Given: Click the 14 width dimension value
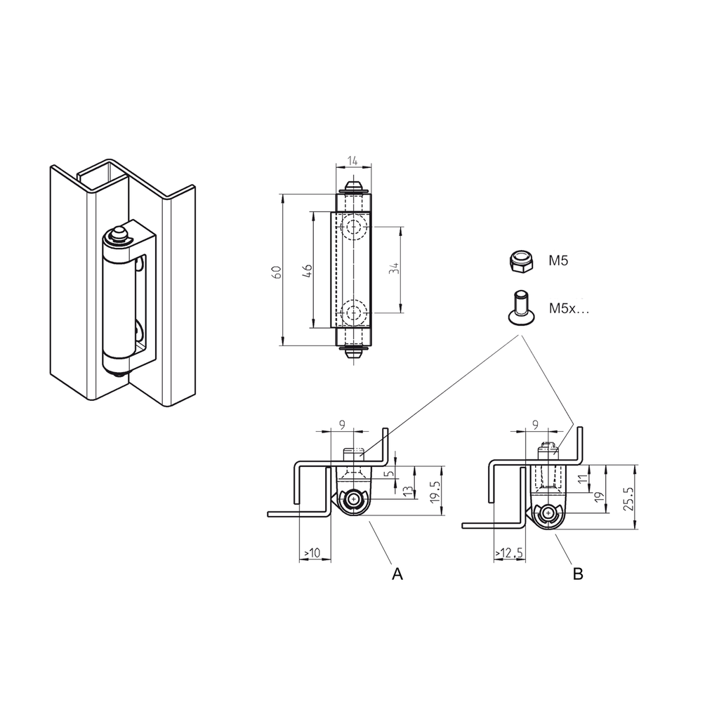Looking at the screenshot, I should point(353,161).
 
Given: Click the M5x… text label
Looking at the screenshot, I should point(569,308).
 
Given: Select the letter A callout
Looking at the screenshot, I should point(397,574).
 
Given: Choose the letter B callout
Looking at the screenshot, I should point(578,574).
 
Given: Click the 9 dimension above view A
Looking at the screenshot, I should point(342,424).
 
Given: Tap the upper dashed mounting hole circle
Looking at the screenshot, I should point(353,228).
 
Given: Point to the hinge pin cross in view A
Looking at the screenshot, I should point(354,499).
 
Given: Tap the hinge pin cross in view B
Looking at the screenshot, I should point(547,515).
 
